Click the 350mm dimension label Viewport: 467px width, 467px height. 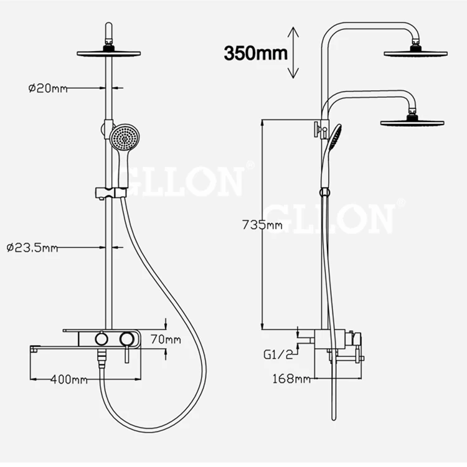(x=256, y=54)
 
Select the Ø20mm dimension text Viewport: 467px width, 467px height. (x=48, y=88)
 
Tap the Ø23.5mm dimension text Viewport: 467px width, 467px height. (x=32, y=248)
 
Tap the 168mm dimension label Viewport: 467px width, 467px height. (x=291, y=378)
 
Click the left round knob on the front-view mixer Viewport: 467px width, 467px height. (x=100, y=339)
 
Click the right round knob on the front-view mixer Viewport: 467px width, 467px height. (x=127, y=339)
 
